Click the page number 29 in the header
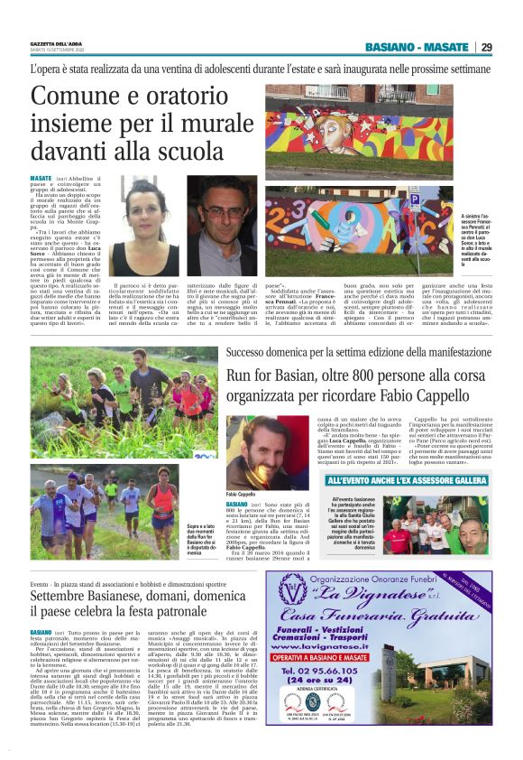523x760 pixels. point(486,47)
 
